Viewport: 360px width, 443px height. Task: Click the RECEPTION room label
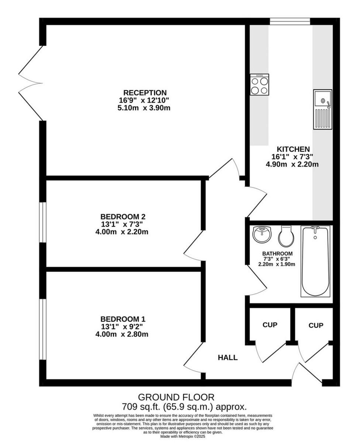tap(145, 93)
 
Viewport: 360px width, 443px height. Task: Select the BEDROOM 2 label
tap(120, 217)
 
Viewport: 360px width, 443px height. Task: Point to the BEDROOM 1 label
tap(123, 319)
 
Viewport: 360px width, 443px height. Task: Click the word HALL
tap(228, 357)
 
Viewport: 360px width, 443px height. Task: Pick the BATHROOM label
tap(277, 254)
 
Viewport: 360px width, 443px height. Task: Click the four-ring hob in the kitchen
tap(259, 85)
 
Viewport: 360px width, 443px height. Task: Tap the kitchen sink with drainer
tap(322, 109)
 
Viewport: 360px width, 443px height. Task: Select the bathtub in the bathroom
tap(315, 261)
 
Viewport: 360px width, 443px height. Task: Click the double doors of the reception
tap(31, 83)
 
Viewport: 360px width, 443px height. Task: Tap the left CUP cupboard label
tap(270, 325)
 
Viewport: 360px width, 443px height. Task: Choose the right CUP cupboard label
tap(316, 325)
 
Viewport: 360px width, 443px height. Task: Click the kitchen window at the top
tap(290, 21)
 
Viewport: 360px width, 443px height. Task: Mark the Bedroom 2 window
tap(43, 222)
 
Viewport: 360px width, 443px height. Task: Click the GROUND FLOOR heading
tap(176, 397)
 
